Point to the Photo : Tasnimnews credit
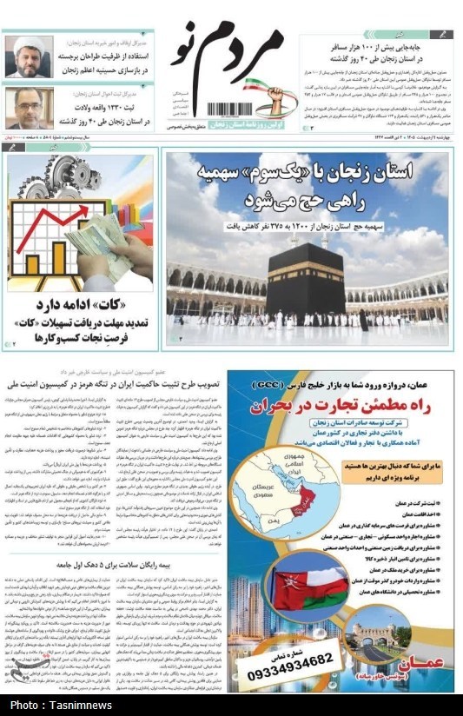point(61,705)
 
